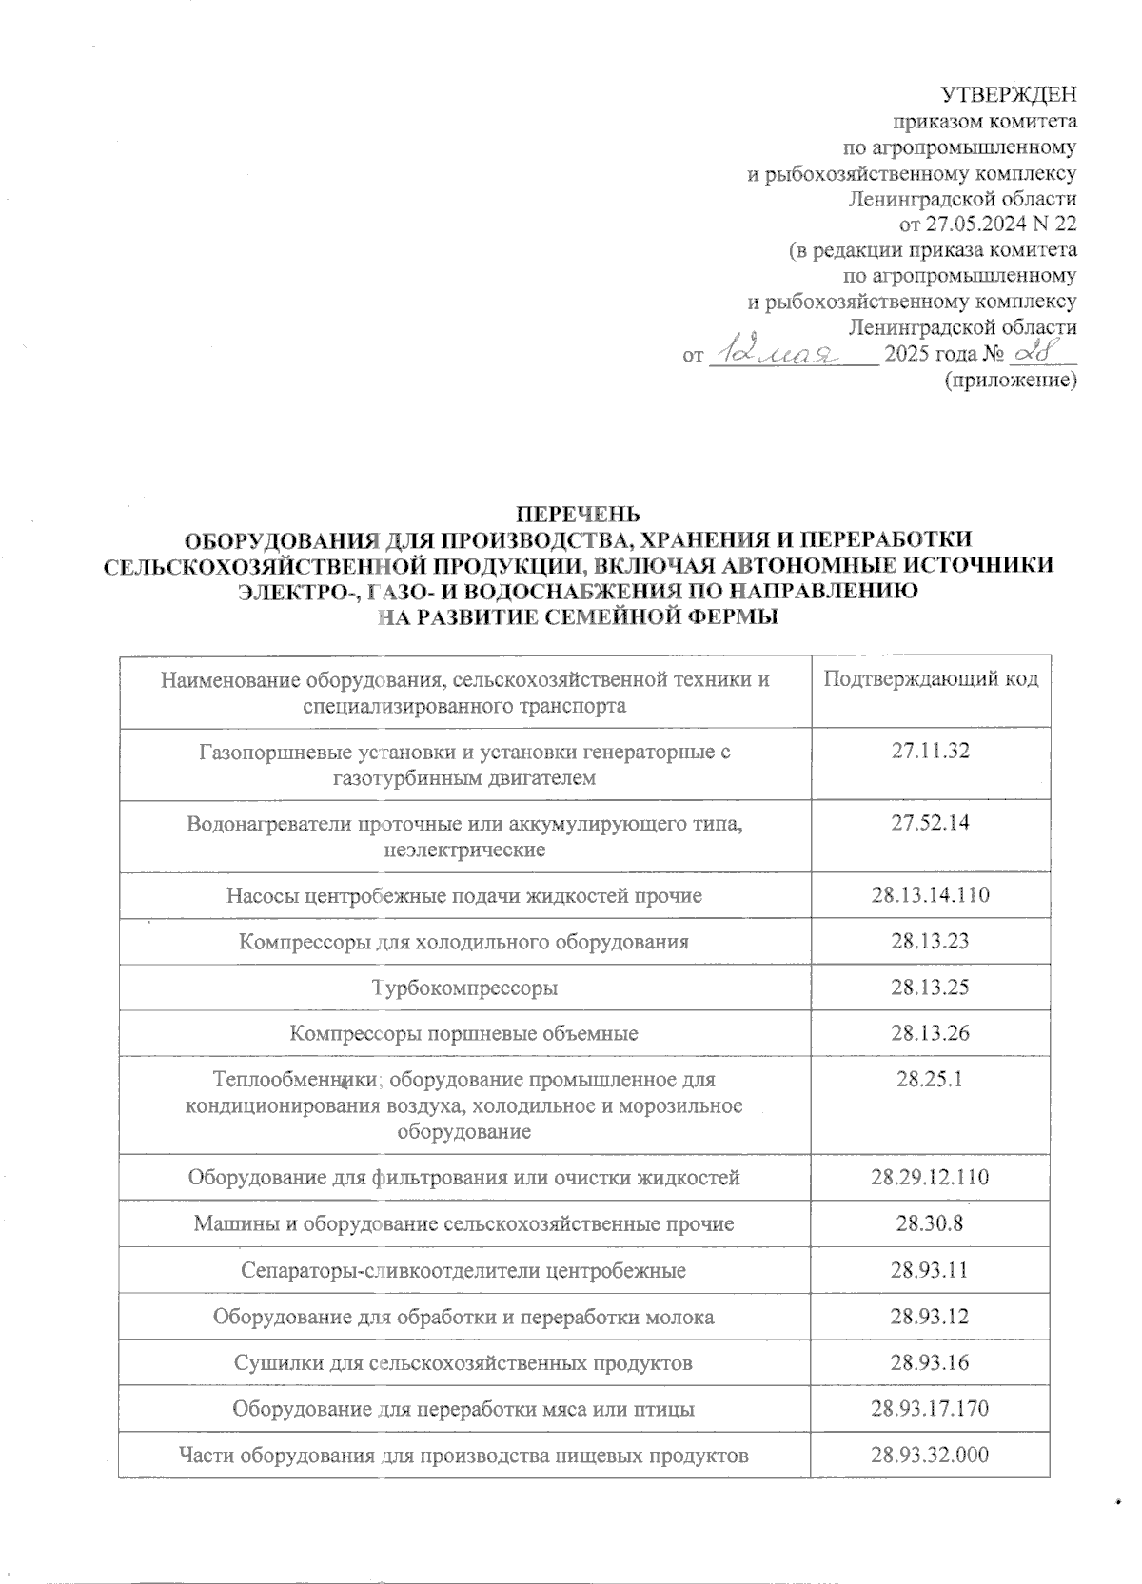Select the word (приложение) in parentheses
(x=1010, y=381)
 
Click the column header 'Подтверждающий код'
(x=930, y=679)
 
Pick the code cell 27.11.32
(x=930, y=752)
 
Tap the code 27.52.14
(x=930, y=823)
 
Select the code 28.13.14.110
(x=930, y=895)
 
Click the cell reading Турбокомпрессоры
(x=464, y=988)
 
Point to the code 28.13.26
(x=930, y=1033)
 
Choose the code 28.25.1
(x=930, y=1080)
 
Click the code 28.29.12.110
(x=930, y=1178)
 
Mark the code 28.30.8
(x=930, y=1223)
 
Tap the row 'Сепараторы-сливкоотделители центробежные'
(x=464, y=1271)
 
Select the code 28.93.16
(x=930, y=1363)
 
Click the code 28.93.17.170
(x=930, y=1409)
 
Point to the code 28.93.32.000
(x=930, y=1455)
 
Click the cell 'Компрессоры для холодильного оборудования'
(x=464, y=942)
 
